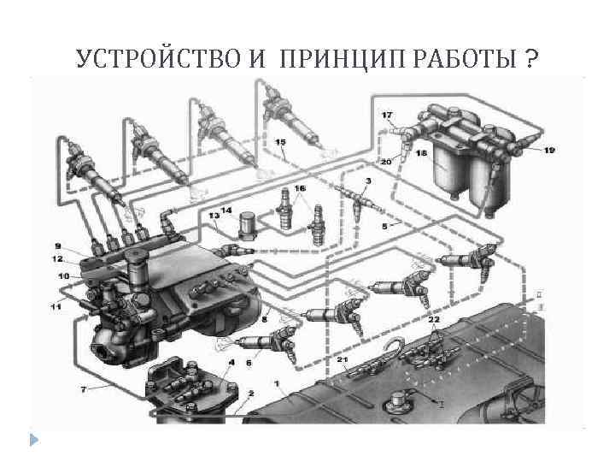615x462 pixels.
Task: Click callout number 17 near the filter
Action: (x=387, y=115)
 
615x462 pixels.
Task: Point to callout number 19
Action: (x=548, y=150)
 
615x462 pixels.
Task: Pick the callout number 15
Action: (x=281, y=141)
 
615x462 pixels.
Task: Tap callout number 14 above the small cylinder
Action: (x=225, y=210)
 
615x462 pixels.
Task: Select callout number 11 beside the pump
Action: (x=56, y=306)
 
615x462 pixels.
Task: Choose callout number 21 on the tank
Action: (x=343, y=362)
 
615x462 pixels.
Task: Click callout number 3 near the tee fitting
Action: (x=368, y=181)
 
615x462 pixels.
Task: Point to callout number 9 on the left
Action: (x=57, y=246)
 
